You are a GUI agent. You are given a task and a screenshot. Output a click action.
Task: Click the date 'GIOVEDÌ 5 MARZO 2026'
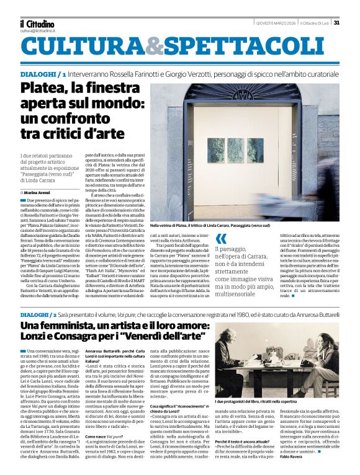276,24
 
